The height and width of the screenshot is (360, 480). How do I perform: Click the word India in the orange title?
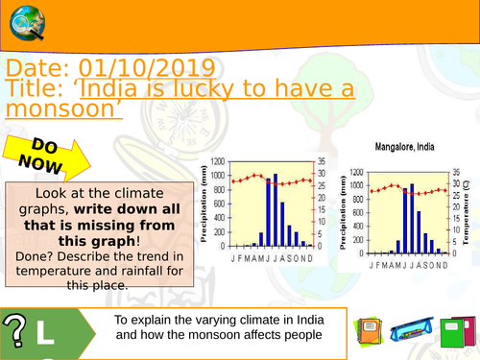point(127,89)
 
